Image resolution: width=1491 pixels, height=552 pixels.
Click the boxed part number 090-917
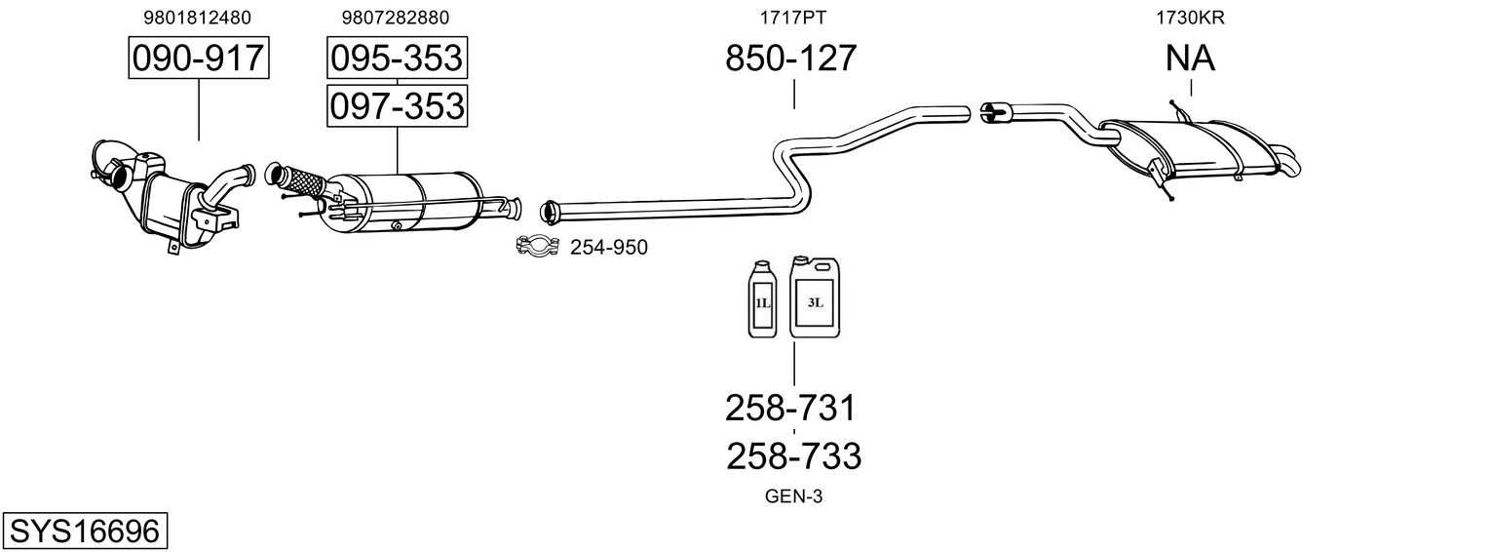tap(199, 58)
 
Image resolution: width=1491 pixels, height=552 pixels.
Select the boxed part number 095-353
tap(397, 58)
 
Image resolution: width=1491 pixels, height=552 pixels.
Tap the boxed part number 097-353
tap(397, 106)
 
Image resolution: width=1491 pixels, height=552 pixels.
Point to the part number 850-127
tap(790, 58)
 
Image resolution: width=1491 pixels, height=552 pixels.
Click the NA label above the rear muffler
tap(1190, 58)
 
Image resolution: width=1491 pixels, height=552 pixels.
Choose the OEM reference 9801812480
tap(198, 18)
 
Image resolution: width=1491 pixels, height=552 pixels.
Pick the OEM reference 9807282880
tap(396, 18)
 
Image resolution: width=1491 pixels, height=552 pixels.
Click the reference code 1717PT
tap(793, 18)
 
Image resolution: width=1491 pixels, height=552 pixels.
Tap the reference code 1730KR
tap(1190, 18)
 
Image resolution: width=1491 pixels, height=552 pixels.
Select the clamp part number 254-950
tap(609, 248)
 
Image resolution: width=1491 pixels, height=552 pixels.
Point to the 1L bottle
tap(763, 299)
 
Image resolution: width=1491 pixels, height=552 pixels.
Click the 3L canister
tap(815, 296)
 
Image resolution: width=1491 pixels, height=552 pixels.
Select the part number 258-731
tap(790, 409)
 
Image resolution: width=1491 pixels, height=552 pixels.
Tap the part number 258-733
tap(794, 456)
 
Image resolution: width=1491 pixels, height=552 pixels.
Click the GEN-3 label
tap(793, 496)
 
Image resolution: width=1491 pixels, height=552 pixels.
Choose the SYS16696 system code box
tap(85, 531)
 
